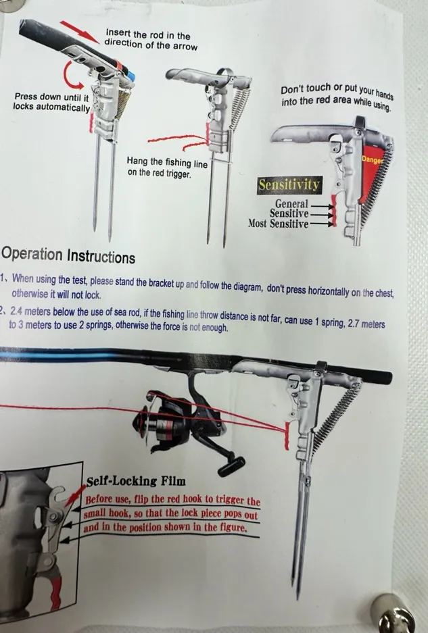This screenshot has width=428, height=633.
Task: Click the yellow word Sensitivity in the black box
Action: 289,185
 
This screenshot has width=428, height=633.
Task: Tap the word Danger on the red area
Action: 372,160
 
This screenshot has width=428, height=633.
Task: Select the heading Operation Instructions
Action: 68,255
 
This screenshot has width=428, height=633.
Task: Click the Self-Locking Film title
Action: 136,481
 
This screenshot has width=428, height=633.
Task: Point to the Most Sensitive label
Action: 278,223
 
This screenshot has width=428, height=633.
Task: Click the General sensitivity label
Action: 291,204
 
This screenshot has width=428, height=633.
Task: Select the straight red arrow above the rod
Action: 80,32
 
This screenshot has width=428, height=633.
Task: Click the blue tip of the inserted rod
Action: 131,76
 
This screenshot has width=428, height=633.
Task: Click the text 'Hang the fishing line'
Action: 167,162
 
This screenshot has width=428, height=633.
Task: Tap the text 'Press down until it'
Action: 51,97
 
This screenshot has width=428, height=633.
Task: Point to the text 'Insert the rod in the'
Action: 148,34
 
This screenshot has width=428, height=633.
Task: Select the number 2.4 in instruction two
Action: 17,311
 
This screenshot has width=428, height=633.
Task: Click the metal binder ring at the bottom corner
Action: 392,614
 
